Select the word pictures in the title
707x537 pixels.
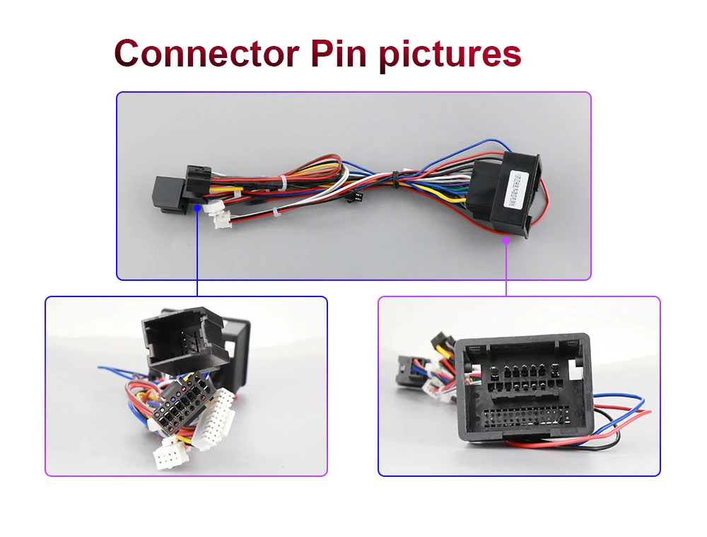[x=452, y=53]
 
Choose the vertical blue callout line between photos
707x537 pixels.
[x=197, y=255]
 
